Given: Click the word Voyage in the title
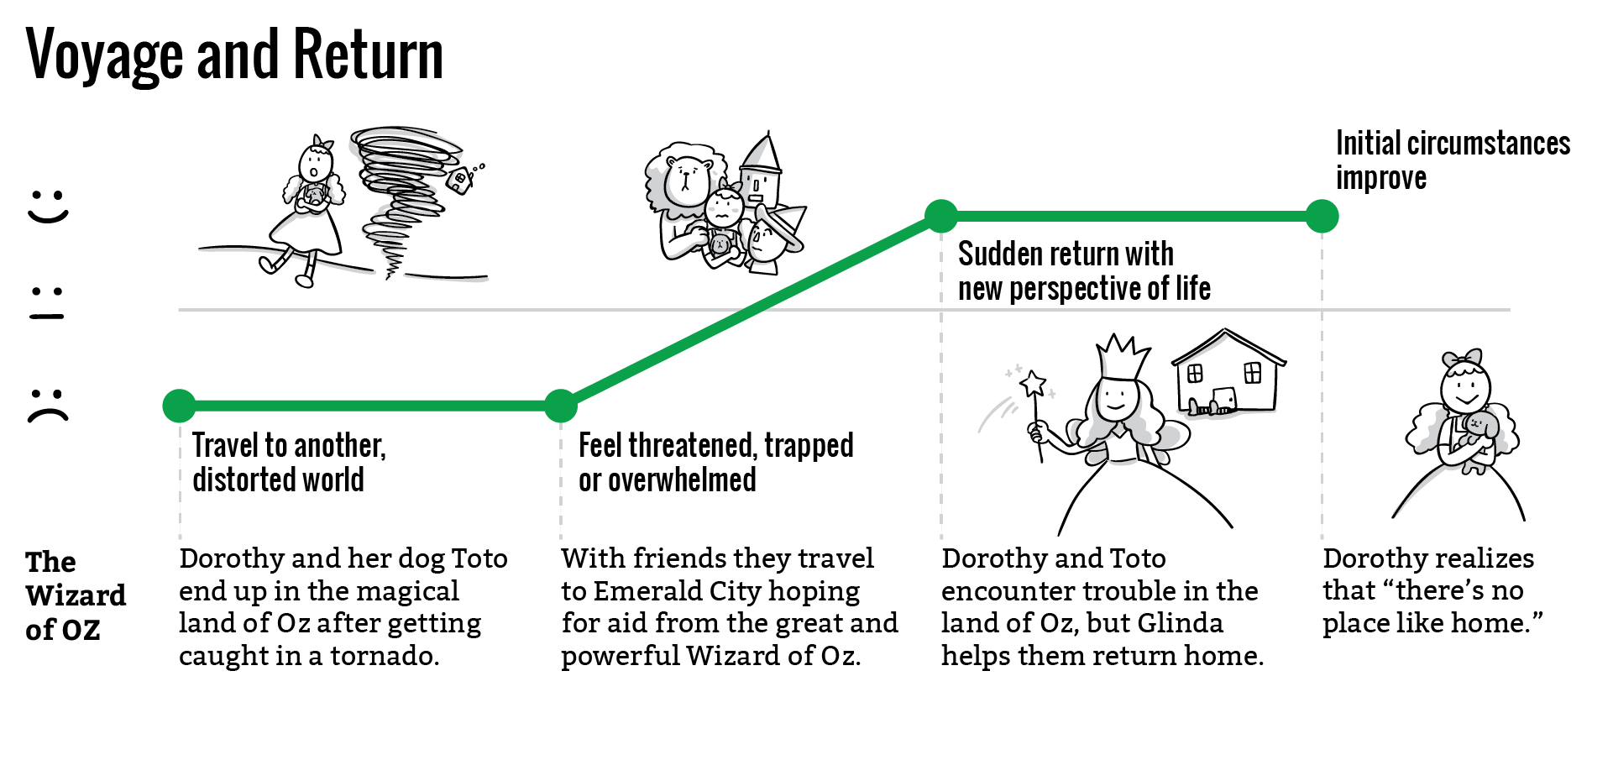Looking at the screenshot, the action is pos(105,55).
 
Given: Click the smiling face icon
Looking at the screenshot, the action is pos(48,206).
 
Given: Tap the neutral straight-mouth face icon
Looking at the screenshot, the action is pos(47,304).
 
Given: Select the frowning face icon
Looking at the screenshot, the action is pos(48,405).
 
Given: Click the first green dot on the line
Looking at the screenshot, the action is pos(179,406).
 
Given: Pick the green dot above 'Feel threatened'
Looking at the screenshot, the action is pos(561,406).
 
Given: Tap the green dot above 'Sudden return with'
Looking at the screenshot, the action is pos(941,216).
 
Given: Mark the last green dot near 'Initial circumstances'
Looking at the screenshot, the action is pos(1322,216).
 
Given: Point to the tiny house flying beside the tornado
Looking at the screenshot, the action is pos(460,180).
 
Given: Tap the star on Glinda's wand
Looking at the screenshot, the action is pos(1033,384).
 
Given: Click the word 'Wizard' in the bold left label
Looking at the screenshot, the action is pos(76,595).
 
